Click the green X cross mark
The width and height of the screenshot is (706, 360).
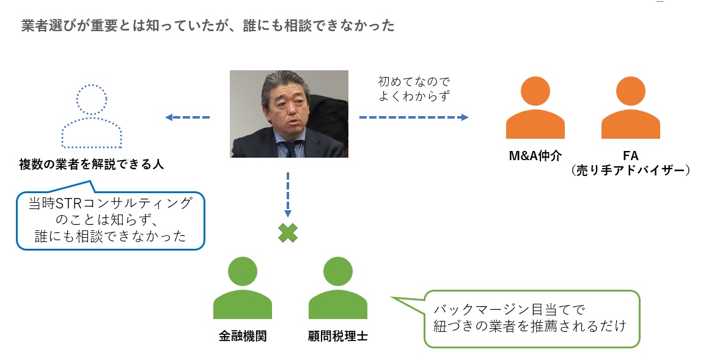pos(288,233)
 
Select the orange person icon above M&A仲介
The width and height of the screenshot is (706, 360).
pos(535,108)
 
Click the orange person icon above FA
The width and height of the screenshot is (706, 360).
pos(630,108)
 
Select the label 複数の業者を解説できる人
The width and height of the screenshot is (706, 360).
pos(92,164)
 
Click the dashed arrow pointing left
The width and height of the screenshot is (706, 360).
pos(188,117)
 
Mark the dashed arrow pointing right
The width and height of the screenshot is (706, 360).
pos(413,117)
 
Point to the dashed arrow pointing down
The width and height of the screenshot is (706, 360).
pos(288,194)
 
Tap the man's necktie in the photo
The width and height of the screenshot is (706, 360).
pos(294,150)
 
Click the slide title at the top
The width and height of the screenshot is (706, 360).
pos(207,26)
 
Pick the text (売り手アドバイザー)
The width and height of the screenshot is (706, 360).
pos(630,171)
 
